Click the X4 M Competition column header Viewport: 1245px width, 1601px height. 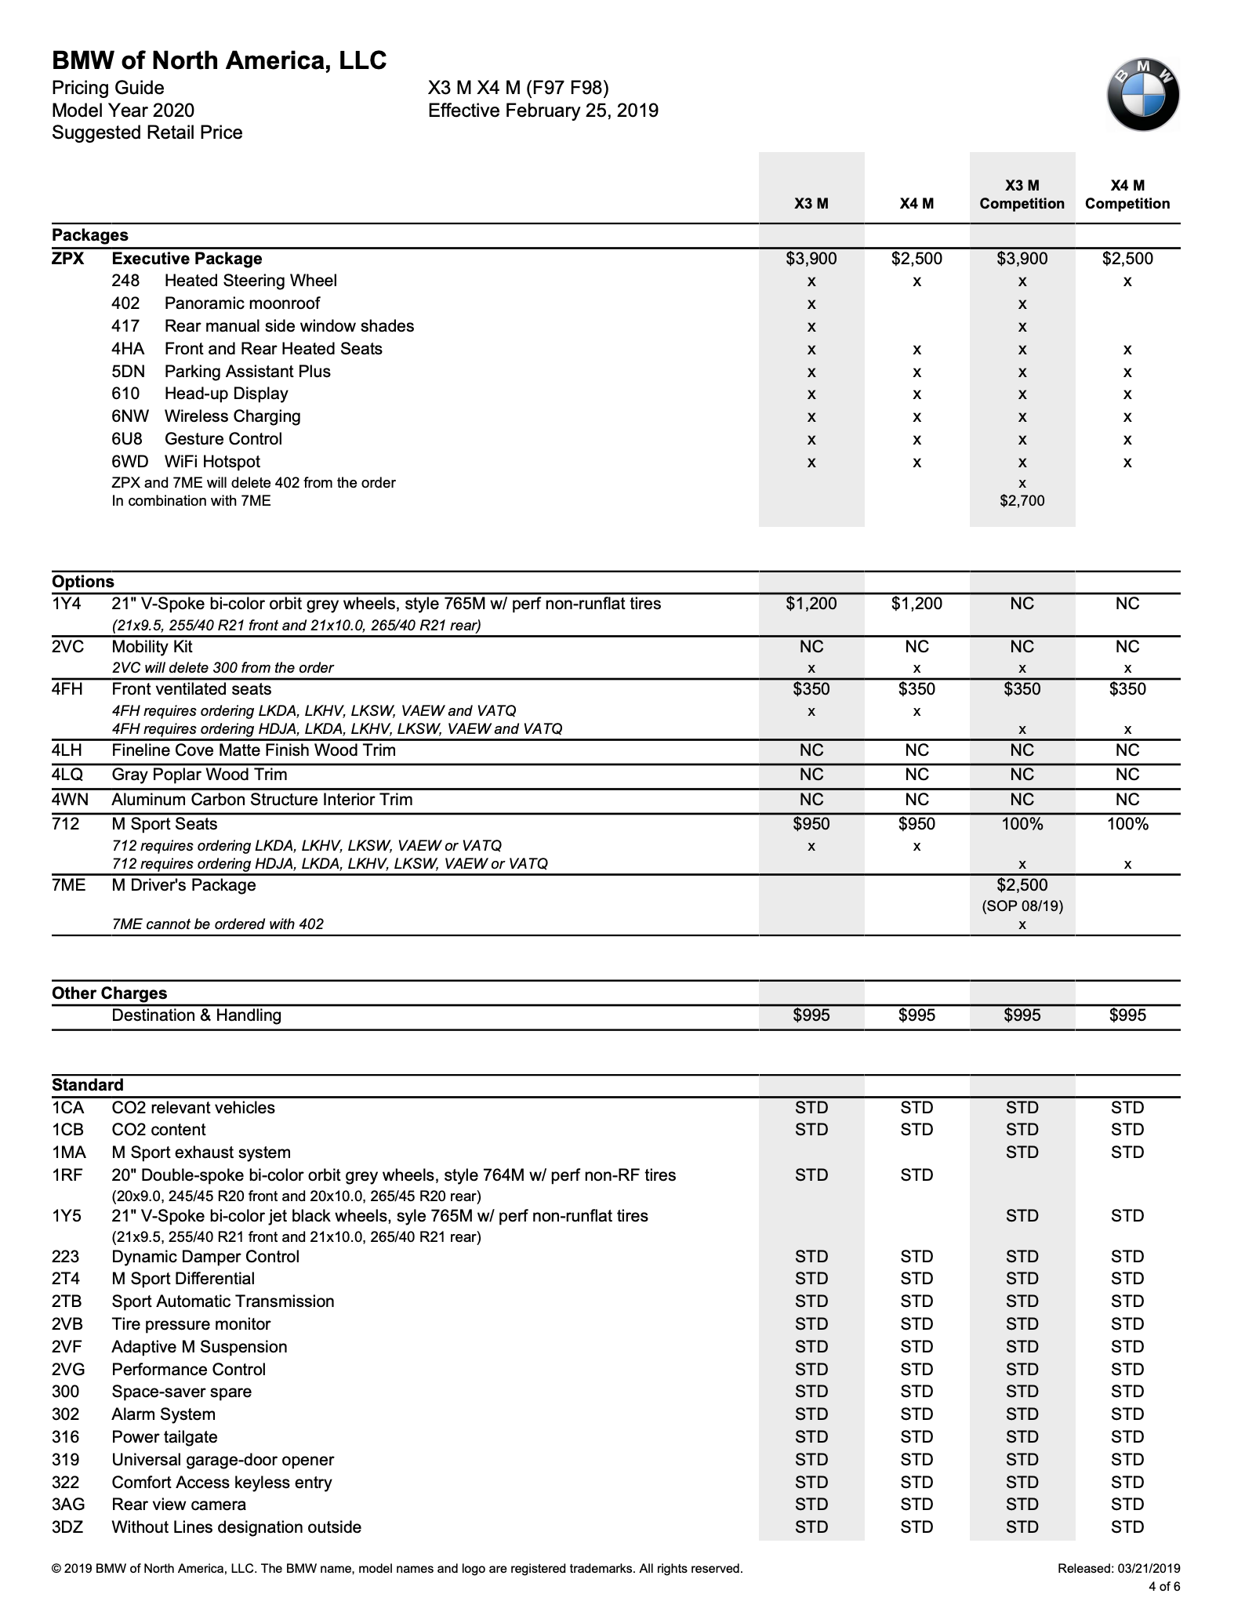click(x=1127, y=194)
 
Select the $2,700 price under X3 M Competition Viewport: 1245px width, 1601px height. click(x=1022, y=501)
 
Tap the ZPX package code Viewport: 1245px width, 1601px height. click(x=68, y=259)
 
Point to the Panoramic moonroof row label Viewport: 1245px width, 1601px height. click(x=242, y=303)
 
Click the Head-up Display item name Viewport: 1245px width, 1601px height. click(x=226, y=394)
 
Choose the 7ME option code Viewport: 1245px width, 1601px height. click(x=68, y=885)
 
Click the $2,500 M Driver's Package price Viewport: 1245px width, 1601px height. click(x=1022, y=885)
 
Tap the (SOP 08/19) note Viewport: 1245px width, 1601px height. click(x=1022, y=906)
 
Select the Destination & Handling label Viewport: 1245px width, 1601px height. click(x=196, y=1015)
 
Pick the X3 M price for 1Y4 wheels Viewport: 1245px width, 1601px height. click(x=811, y=604)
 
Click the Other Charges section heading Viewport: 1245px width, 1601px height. click(x=109, y=993)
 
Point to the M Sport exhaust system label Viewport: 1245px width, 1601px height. click(x=201, y=1153)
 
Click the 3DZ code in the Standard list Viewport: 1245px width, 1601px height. click(x=68, y=1527)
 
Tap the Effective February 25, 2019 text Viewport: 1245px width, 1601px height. click(x=543, y=111)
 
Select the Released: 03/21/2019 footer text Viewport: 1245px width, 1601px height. click(x=1118, y=1569)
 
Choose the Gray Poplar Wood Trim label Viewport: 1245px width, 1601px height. click(x=199, y=775)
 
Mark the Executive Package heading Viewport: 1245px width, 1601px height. click(x=187, y=259)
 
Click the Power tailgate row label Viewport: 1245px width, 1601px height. click(x=165, y=1437)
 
